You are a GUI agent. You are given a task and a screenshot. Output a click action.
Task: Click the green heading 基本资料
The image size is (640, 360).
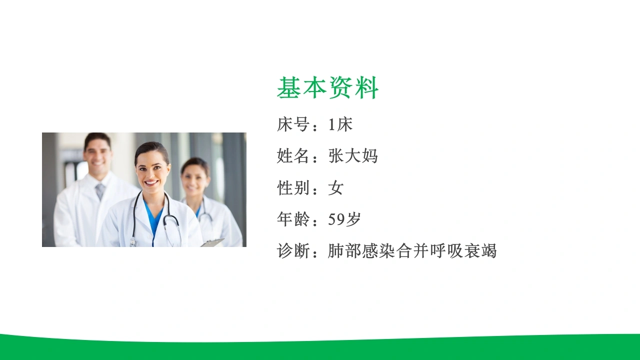(327, 87)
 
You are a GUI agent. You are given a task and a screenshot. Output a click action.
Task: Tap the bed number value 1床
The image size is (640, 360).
(340, 124)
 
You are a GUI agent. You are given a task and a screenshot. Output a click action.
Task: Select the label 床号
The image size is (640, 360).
(293, 124)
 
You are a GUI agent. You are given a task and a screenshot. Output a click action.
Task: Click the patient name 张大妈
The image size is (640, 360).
(353, 156)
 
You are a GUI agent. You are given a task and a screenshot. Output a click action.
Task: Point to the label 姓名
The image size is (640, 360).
(293, 156)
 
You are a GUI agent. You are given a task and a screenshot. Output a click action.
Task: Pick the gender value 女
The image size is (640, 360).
(336, 188)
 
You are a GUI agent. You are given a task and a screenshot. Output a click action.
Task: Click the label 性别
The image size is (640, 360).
(293, 188)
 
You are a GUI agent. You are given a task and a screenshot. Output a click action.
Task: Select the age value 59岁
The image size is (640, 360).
(344, 219)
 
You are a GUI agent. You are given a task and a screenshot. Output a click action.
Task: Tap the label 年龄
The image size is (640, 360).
(293, 219)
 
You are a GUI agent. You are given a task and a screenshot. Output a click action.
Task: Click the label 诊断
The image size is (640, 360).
(293, 251)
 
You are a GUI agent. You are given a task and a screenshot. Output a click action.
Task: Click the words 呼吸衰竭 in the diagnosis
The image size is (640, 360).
(463, 251)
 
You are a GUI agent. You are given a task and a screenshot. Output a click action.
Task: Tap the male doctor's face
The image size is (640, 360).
(97, 155)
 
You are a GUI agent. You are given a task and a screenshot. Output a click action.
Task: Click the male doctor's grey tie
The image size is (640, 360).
(99, 191)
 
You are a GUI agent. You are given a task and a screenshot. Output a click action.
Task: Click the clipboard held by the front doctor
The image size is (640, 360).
(212, 242)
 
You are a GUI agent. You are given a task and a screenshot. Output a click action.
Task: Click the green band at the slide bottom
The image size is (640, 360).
(320, 349)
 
